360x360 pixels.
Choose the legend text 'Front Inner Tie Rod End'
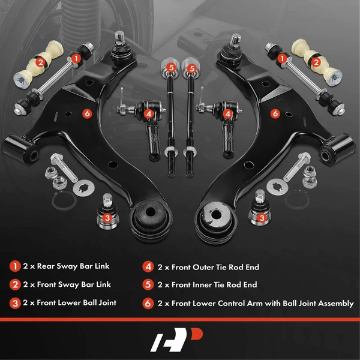pos(207,285)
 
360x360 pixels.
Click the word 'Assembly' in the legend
pos(332,304)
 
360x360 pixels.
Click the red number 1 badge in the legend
pos(14,266)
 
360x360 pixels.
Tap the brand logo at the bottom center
pos(179,340)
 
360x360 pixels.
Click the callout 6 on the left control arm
pos(87,112)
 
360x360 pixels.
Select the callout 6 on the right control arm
pos(275,112)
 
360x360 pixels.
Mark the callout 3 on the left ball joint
pos(107,218)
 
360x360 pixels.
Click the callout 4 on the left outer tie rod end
pos(148,112)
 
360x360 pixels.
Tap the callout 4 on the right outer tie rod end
pos(227,112)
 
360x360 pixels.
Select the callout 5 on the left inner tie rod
pos(172,68)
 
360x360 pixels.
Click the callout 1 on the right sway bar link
pos(281,58)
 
